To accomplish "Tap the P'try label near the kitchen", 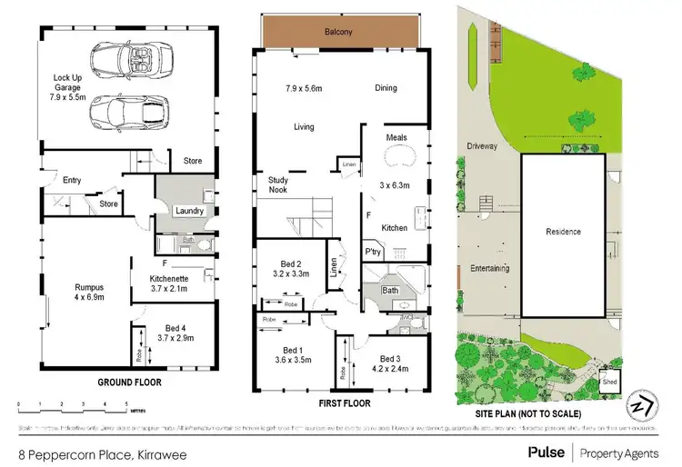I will [373, 251].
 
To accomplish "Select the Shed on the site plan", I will [609, 382].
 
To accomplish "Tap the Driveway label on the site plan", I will [482, 144].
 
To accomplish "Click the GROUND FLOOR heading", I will [129, 383].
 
